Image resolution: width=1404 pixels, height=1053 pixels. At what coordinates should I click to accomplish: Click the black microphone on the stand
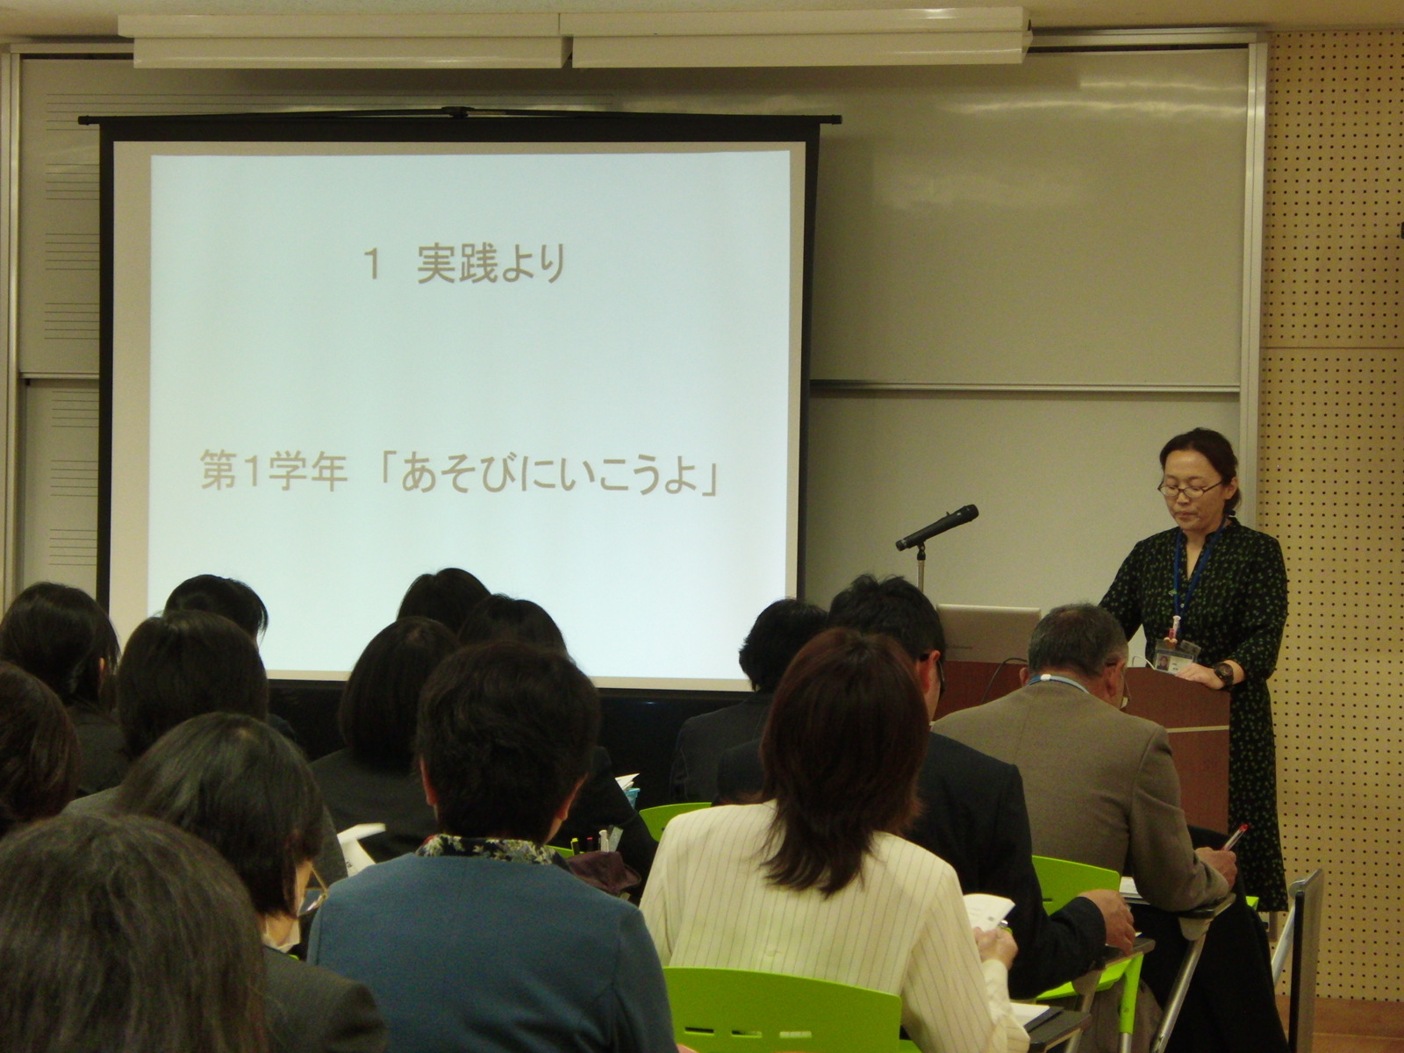tap(936, 527)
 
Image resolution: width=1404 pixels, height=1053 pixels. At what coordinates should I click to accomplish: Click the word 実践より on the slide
tap(491, 264)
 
